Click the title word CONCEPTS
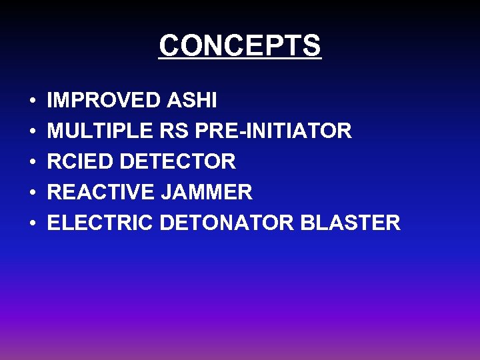240,45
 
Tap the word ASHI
192,101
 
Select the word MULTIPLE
101,131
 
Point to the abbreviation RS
175,131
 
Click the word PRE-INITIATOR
274,131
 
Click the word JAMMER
207,192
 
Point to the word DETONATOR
227,223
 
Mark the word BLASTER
351,223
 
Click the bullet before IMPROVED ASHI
32,102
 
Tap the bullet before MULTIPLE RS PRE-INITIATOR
32,132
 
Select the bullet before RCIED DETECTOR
32,163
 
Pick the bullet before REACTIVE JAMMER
32,193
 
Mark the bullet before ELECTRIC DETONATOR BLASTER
32,224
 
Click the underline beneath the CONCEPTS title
240,60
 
